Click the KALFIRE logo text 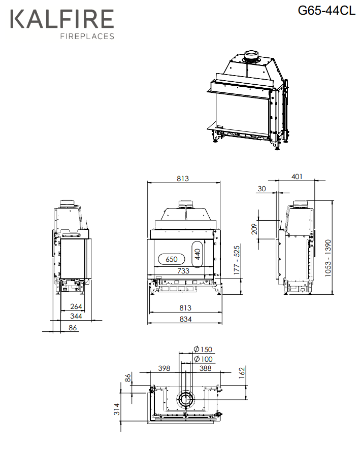62,19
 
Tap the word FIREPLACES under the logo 87,36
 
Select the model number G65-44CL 326,11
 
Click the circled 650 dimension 172,259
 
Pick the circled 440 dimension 198,254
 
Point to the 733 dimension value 183,271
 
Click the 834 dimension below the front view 186,319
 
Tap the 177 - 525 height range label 237,260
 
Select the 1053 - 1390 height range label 328,258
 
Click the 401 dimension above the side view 297,177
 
